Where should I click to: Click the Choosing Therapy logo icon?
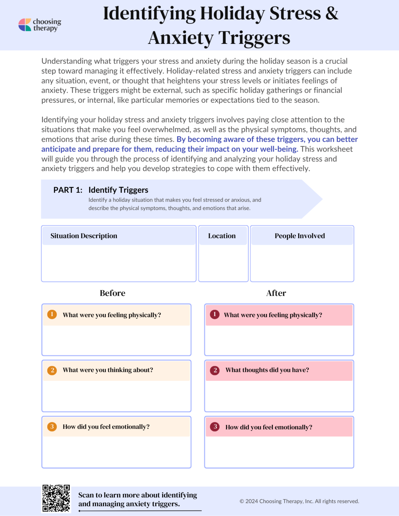[x=25, y=25]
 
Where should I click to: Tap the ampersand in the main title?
[x=332, y=14]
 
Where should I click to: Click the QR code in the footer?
[x=56, y=498]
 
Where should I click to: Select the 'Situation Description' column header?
[x=84, y=236]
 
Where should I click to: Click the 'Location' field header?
[x=222, y=236]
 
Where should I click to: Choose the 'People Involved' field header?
[x=300, y=236]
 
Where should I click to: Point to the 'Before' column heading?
[x=112, y=293]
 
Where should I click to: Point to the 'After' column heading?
[x=276, y=293]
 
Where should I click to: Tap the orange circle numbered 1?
[x=52, y=314]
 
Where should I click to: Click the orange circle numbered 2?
[x=52, y=370]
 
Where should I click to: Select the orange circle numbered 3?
[x=52, y=427]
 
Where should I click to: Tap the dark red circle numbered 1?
[x=215, y=314]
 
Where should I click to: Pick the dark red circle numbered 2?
[x=215, y=370]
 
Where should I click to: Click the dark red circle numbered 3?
[x=215, y=427]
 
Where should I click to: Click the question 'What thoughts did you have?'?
[x=267, y=370]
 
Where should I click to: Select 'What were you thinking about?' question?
[x=108, y=370]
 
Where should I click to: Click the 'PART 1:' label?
[x=68, y=190]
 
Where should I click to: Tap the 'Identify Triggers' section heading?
[x=118, y=190]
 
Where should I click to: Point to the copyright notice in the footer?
[x=299, y=501]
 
